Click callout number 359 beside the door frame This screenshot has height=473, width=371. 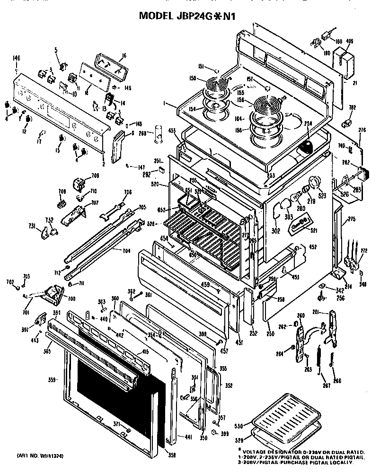click(53, 379)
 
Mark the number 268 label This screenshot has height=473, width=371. click(142, 133)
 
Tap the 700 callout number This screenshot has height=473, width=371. click(71, 299)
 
